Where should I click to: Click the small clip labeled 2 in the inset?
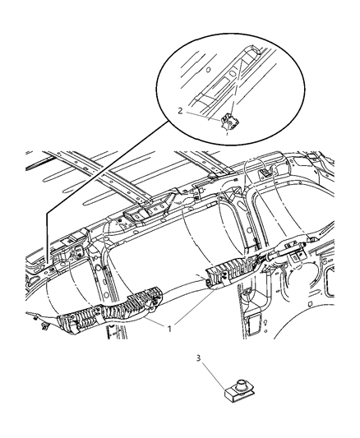[x=231, y=122]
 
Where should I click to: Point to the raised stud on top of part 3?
[x=243, y=382]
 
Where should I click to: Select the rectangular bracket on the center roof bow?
[x=136, y=215]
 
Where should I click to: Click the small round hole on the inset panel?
[x=207, y=70]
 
